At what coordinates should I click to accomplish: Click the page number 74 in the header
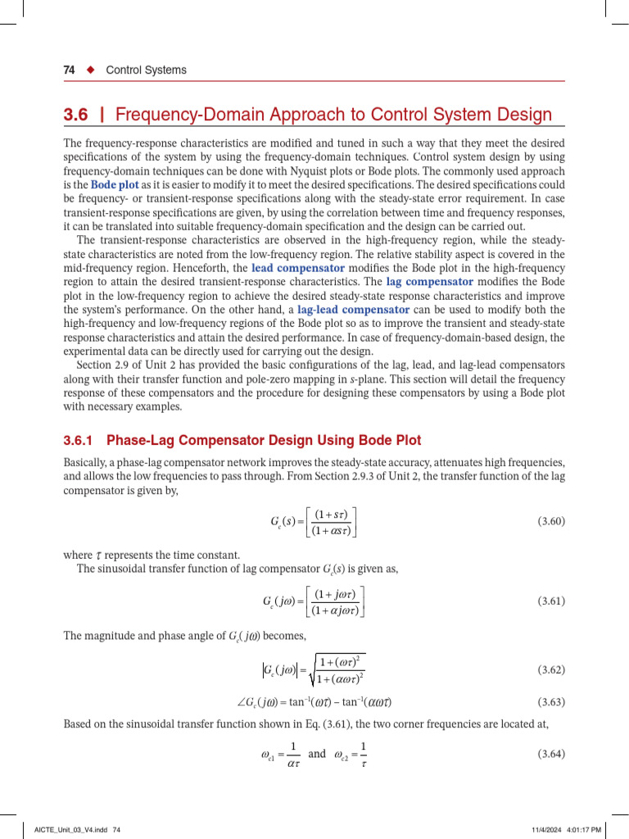70,70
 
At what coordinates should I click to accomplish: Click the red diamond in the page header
91,70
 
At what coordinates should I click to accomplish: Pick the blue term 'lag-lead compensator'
353,310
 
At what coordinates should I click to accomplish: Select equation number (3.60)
550,521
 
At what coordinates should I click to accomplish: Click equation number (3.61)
550,601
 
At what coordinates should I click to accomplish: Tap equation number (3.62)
550,669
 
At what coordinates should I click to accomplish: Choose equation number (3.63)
550,702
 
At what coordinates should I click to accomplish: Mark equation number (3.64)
550,753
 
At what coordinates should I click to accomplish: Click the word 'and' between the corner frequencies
316,754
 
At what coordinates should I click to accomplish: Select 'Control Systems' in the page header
146,70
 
